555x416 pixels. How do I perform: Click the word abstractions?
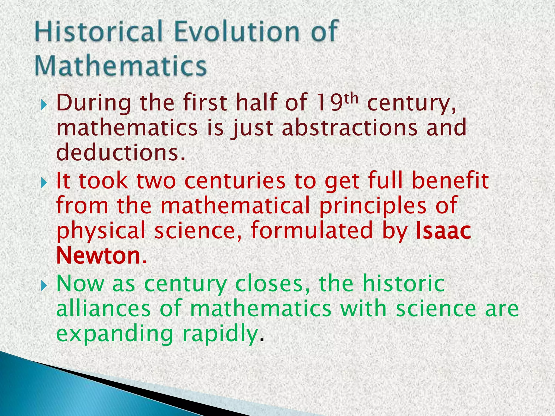pyautogui.click(x=350, y=128)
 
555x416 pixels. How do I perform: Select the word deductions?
pyautogui.click(x=121, y=152)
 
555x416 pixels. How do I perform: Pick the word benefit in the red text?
pyautogui.click(x=450, y=181)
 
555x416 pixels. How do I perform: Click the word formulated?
pyautogui.click(x=312, y=230)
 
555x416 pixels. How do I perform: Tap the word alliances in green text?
pyautogui.click(x=103, y=309)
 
